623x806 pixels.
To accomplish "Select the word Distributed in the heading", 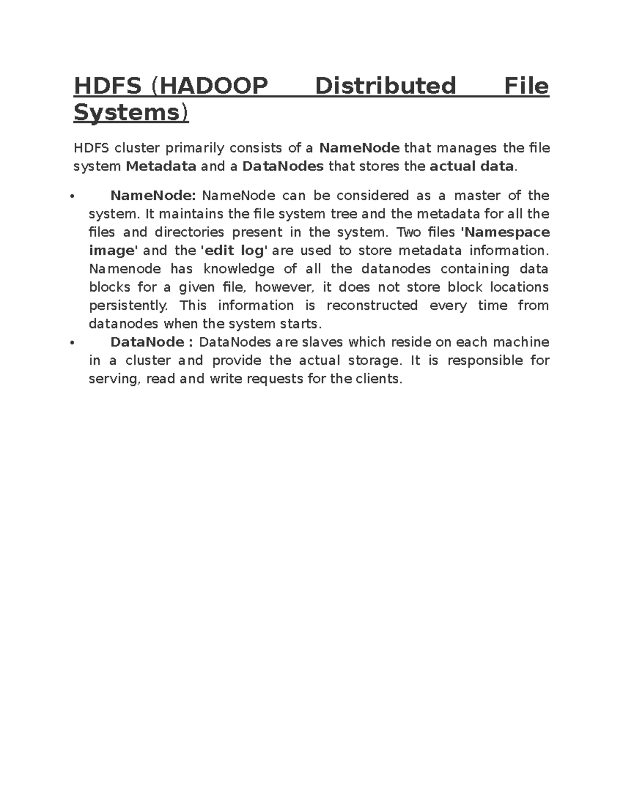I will click(x=385, y=86).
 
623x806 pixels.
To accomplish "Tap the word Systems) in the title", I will click(x=131, y=113).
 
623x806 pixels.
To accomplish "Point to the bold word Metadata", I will click(x=161, y=167).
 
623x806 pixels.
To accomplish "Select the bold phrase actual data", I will click(x=472, y=167).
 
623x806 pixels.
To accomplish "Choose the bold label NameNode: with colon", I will click(x=153, y=196).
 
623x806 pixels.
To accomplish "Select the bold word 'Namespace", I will click(x=505, y=232).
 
